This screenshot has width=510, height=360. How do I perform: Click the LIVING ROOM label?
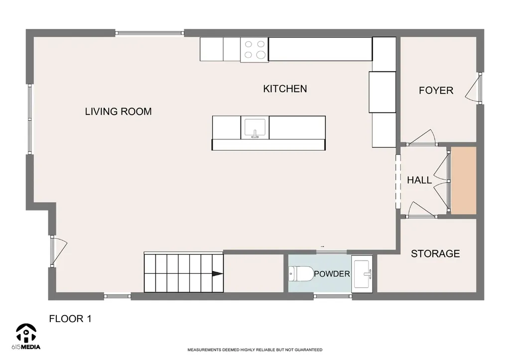pyautogui.click(x=119, y=112)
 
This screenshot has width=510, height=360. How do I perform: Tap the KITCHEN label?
pyautogui.click(x=285, y=89)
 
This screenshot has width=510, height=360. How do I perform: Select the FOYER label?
pyautogui.click(x=436, y=91)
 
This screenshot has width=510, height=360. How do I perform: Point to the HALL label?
pyautogui.click(x=419, y=180)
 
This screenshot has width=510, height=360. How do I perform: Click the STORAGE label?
pyautogui.click(x=435, y=253)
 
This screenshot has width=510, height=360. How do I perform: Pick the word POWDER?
pyautogui.click(x=332, y=274)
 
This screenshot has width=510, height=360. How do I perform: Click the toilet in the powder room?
pyautogui.click(x=300, y=274)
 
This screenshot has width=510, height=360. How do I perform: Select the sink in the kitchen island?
pyautogui.click(x=255, y=128)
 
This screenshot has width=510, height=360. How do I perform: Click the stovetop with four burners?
pyautogui.click(x=255, y=49)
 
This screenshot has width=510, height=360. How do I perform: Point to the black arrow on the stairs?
pyautogui.click(x=218, y=274)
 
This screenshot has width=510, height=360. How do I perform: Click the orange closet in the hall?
pyautogui.click(x=464, y=180)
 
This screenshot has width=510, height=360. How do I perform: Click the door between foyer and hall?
pyautogui.click(x=422, y=138)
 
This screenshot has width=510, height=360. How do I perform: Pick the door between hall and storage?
pyautogui.click(x=422, y=210)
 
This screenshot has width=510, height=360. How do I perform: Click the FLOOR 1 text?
pyautogui.click(x=70, y=319)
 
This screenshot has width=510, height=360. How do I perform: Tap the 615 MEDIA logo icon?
pyautogui.click(x=26, y=333)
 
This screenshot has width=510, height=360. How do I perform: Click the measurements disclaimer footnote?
pyautogui.click(x=255, y=350)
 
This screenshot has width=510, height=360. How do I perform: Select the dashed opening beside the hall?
pyautogui.click(x=398, y=181)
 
